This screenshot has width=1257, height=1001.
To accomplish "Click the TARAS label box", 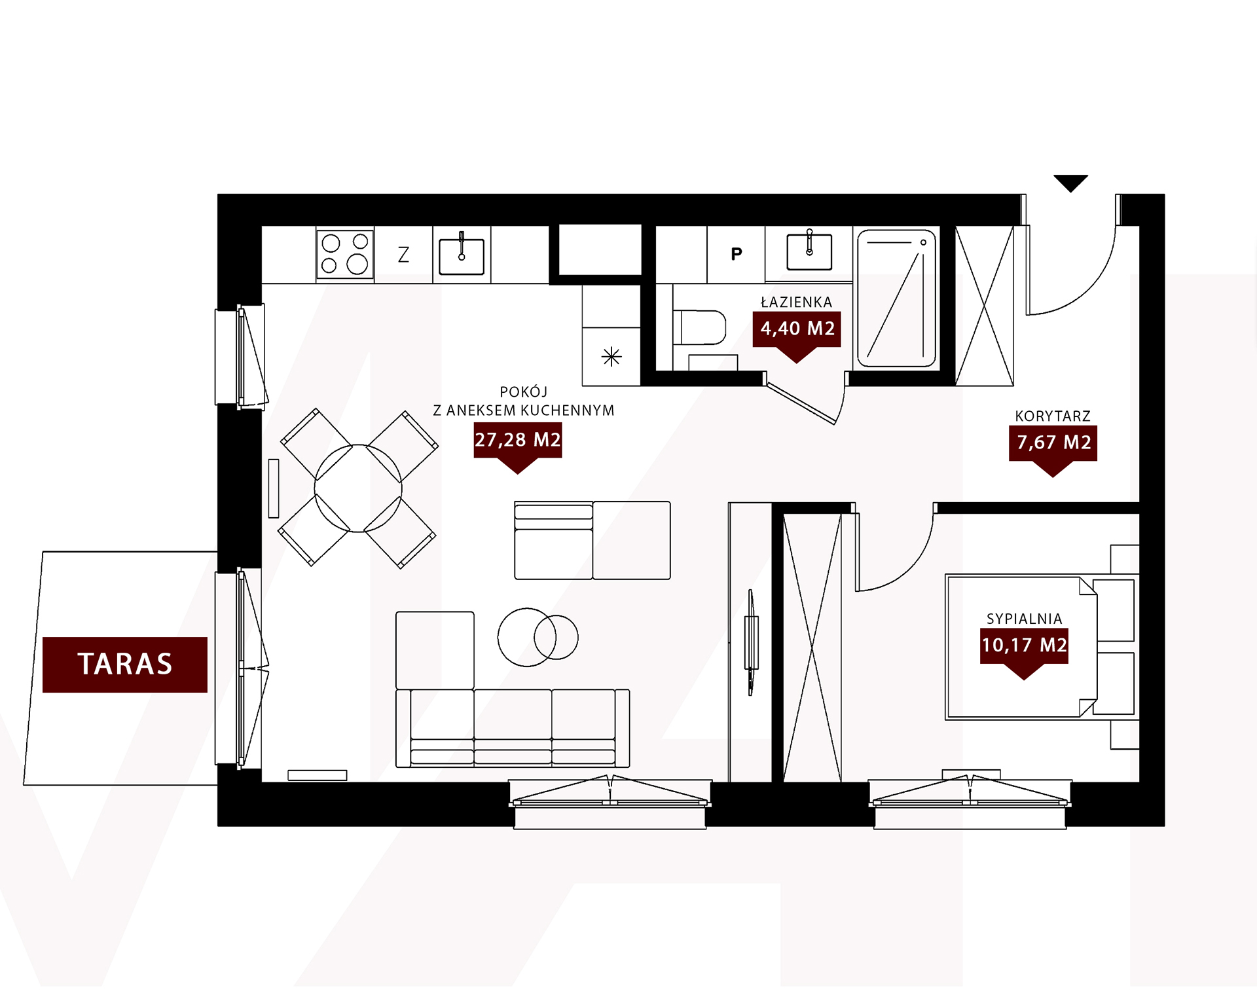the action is coord(125,664).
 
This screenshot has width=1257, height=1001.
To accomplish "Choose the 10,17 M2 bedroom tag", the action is coord(1024,649).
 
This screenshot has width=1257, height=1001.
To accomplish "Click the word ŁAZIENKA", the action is coord(796,302).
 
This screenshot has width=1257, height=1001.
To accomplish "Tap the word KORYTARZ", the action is coord(1053,416).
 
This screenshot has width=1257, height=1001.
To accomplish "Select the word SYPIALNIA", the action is coord(1024,619).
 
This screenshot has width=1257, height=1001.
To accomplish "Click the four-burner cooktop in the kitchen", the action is coord(345,254).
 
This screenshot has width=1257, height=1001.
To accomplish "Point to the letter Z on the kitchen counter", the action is coord(403,254).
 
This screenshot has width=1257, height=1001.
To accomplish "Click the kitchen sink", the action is coord(462,254).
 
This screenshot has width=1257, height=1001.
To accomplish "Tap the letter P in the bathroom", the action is coord(737,254).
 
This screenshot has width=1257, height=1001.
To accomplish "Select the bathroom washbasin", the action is coord(809,251).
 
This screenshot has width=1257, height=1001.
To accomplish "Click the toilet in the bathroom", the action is coord(699,327).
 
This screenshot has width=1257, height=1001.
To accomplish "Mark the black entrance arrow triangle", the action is coord(1070,183).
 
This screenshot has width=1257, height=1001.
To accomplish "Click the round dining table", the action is coord(358,488).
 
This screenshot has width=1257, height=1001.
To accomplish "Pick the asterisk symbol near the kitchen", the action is coord(611,357).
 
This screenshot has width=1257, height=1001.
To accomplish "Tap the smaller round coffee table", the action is coord(556,637).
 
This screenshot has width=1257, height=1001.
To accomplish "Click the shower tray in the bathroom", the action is coord(896,298).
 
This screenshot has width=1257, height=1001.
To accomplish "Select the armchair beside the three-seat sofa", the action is coord(435,650).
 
